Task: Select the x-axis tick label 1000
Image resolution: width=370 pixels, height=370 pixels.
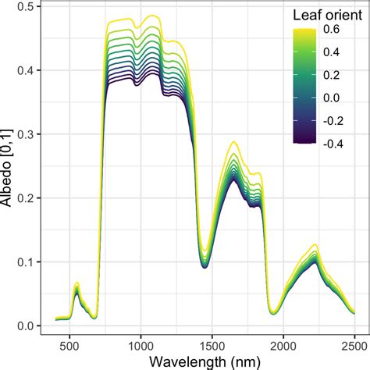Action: [140, 344]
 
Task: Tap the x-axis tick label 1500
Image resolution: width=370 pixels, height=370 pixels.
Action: [212, 344]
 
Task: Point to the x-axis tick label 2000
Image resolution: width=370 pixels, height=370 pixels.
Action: [283, 344]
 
